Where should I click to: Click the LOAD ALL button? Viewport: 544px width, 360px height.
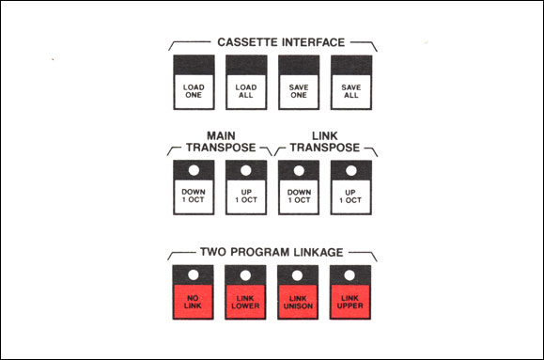pos(246,83)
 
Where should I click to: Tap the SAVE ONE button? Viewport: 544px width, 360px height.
pos(299,83)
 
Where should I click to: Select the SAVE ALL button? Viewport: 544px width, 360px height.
pos(351,83)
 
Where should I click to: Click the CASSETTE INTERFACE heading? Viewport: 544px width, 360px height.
pos(281,42)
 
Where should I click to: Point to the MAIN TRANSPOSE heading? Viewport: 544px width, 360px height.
pos(221,142)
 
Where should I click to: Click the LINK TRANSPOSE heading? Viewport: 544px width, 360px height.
pos(325,142)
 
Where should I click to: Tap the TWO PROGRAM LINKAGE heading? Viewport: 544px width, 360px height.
pos(272,252)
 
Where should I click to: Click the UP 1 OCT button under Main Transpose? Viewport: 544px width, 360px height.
pos(246,187)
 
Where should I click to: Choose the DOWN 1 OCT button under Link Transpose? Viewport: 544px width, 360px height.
pos(299,187)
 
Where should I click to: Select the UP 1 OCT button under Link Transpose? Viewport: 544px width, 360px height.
pos(351,187)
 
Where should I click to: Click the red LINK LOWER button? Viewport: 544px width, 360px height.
pos(245,292)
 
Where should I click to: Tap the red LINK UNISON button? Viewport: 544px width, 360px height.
pos(298,292)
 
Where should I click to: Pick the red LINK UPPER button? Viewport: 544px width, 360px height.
pos(350,292)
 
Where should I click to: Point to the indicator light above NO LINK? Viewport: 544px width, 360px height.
pos(194,275)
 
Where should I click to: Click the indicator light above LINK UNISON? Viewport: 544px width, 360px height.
pos(297,275)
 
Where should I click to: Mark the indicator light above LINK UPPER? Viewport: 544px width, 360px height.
pos(350,275)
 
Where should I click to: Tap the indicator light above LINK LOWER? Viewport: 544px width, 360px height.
pos(245,275)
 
